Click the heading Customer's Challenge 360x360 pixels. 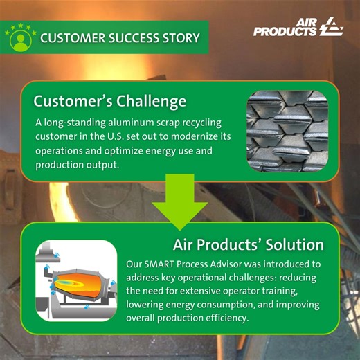110,101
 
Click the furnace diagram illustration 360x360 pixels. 76,280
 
